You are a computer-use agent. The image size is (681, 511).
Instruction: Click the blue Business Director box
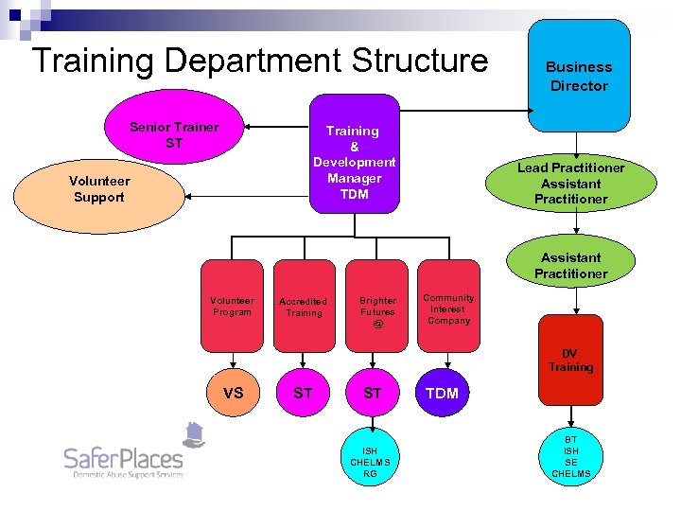pyautogui.click(x=578, y=76)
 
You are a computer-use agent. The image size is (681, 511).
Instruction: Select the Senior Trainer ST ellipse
pyautogui.click(x=174, y=135)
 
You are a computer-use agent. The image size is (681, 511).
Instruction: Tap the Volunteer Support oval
pyautogui.click(x=99, y=189)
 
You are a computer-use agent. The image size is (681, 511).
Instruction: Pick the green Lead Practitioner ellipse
pyautogui.click(x=570, y=183)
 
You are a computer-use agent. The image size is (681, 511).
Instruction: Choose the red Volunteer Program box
pyautogui.click(x=233, y=306)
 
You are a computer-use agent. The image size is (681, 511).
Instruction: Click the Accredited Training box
pyautogui.click(x=304, y=306)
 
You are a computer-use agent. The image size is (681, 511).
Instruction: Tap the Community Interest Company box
pyautogui.click(x=448, y=306)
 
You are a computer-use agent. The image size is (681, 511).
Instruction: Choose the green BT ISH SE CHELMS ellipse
pyautogui.click(x=570, y=456)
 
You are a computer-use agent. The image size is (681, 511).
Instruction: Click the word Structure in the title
pyautogui.click(x=419, y=61)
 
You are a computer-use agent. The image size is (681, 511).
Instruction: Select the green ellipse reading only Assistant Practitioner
pyautogui.click(x=570, y=265)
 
